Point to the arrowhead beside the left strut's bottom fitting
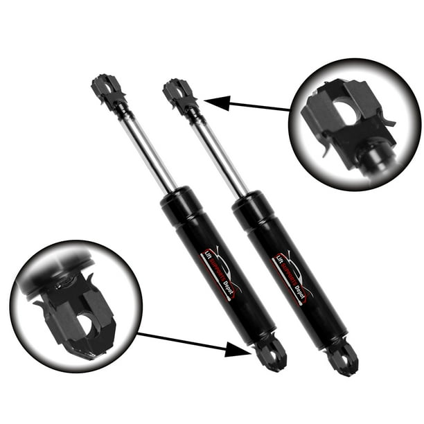242,350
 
